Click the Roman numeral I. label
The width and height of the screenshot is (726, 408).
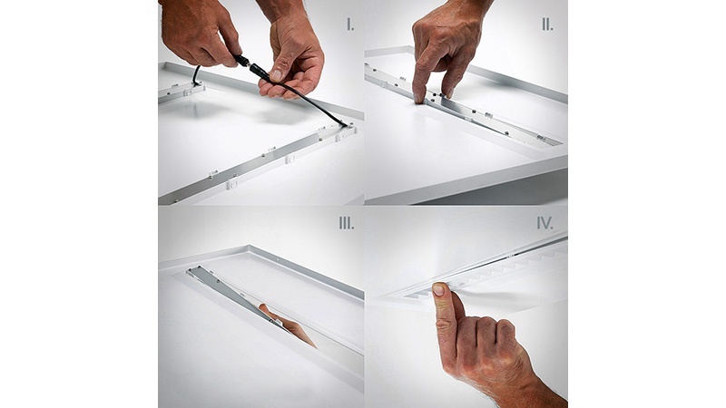coord(350,25)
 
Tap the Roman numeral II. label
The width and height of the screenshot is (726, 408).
coord(547,25)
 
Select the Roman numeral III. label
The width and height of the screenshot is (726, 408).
coord(347,223)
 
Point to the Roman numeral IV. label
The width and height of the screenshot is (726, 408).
coord(545,223)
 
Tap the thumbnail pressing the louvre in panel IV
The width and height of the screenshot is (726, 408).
coord(438,290)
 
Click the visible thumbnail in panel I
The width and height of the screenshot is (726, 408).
coord(276,74)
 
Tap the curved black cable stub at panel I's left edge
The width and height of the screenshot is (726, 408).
coord(197,75)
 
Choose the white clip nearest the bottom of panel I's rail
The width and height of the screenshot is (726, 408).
coord(231,183)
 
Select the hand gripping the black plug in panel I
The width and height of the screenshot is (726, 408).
coord(199,33)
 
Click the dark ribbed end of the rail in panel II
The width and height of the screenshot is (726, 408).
coord(550,141)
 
